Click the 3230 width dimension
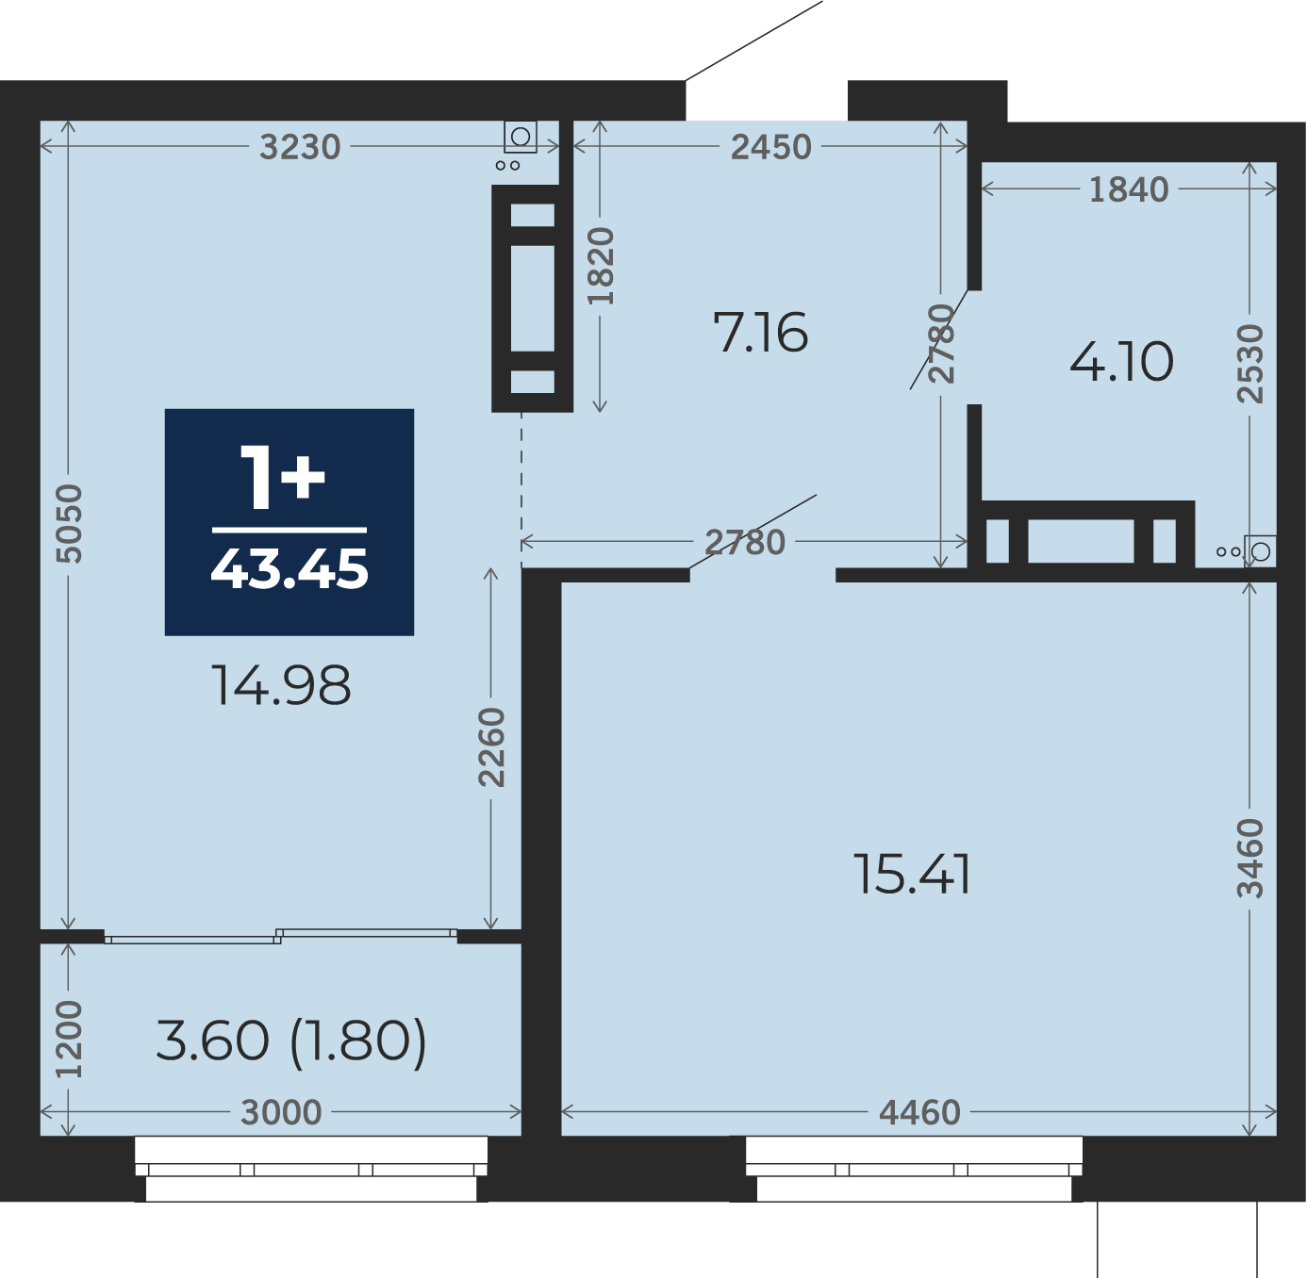click(300, 146)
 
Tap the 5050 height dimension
click(69, 524)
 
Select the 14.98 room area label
click(281, 685)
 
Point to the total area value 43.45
click(290, 569)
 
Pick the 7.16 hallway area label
click(760, 333)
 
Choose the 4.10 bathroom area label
click(1121, 362)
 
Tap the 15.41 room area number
click(911, 875)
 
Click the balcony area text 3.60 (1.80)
click(290, 1040)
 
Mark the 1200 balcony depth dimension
click(69, 1039)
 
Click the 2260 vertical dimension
click(491, 747)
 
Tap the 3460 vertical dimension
click(1249, 859)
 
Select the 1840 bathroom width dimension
click(1129, 190)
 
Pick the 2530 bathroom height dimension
click(1249, 364)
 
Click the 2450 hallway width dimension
click(771, 147)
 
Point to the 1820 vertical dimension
click(601, 266)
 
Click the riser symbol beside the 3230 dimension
click(521, 137)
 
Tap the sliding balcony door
click(281, 936)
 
